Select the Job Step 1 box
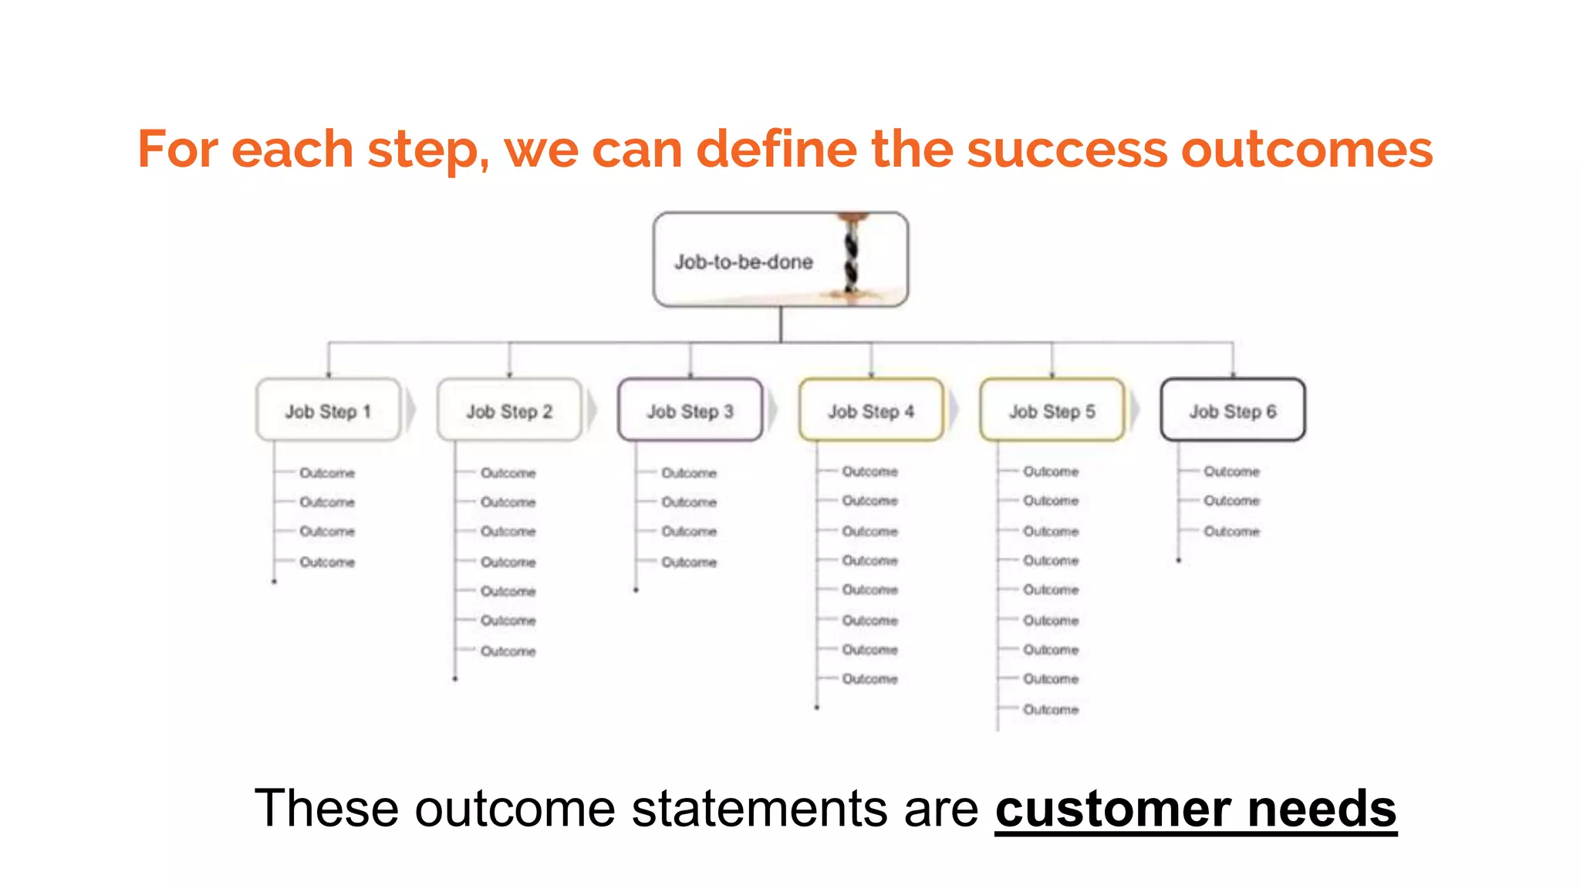(329, 411)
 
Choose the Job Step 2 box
(509, 411)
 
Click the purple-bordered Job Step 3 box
(690, 411)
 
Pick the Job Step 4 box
(871, 411)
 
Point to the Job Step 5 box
(1052, 411)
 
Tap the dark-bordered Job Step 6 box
(1233, 411)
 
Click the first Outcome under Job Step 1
(327, 472)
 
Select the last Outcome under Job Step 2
(508, 651)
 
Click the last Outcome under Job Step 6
(1231, 531)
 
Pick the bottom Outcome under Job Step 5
(1051, 708)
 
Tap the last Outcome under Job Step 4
(869, 678)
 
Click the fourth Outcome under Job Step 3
(689, 562)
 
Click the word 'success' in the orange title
(1067, 149)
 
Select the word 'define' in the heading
(776, 149)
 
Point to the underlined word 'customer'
(1113, 809)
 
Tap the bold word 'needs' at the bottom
(1322, 809)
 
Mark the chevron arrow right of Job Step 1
(410, 411)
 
